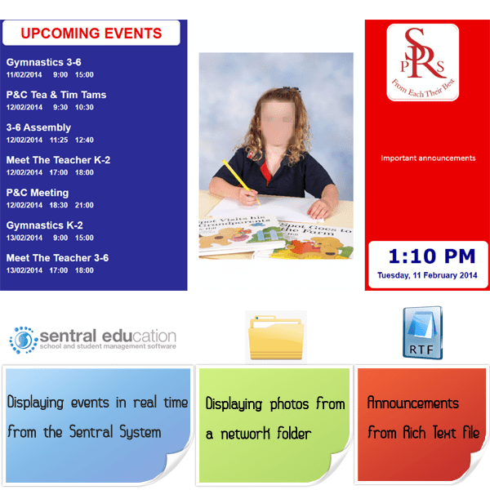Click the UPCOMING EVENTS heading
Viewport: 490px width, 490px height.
[91, 33]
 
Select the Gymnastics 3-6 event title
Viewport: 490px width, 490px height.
[43, 62]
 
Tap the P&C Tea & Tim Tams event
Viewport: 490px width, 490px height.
[56, 95]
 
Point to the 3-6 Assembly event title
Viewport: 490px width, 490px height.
[38, 127]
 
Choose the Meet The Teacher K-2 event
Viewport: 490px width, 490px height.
[58, 160]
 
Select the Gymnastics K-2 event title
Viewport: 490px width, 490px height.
[44, 225]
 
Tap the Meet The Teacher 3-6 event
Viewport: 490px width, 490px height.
[57, 258]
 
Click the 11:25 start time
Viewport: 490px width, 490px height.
[58, 140]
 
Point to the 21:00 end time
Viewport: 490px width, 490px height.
[84, 205]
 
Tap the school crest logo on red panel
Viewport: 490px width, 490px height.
[422, 62]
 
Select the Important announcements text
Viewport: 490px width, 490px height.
[428, 158]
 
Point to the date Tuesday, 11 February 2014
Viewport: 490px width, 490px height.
[427, 275]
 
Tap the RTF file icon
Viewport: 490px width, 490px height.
[422, 333]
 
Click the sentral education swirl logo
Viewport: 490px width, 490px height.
[23, 339]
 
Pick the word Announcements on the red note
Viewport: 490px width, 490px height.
[412, 403]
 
